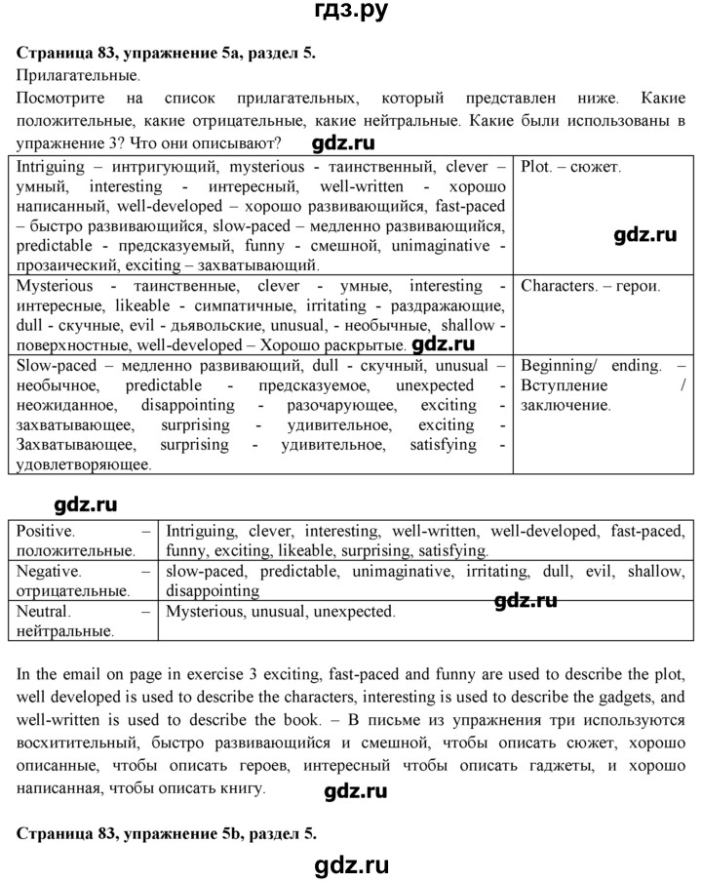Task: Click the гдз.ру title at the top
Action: [351, 12]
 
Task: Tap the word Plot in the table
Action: [537, 166]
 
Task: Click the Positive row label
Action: [47, 532]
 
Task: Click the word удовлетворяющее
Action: [83, 465]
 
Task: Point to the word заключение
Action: [565, 405]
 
